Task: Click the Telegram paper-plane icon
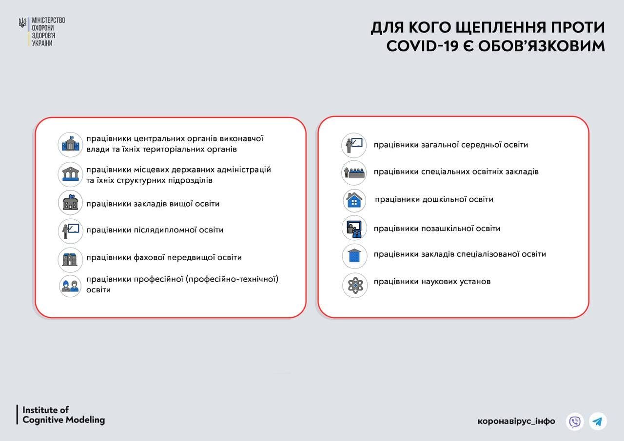click(598, 421)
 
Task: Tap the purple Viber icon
click(575, 421)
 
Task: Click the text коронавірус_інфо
click(516, 421)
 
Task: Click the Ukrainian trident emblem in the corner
click(22, 23)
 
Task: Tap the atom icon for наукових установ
click(354, 285)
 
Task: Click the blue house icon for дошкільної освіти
click(354, 200)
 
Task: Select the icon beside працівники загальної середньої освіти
click(354, 145)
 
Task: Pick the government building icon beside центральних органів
click(70, 145)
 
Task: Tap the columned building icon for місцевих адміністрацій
click(70, 174)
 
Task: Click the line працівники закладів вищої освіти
click(153, 204)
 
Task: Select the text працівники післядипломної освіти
click(155, 230)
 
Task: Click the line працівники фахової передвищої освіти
click(164, 257)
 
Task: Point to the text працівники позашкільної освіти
click(437, 228)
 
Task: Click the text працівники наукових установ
click(432, 282)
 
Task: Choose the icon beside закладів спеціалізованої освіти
click(354, 256)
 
